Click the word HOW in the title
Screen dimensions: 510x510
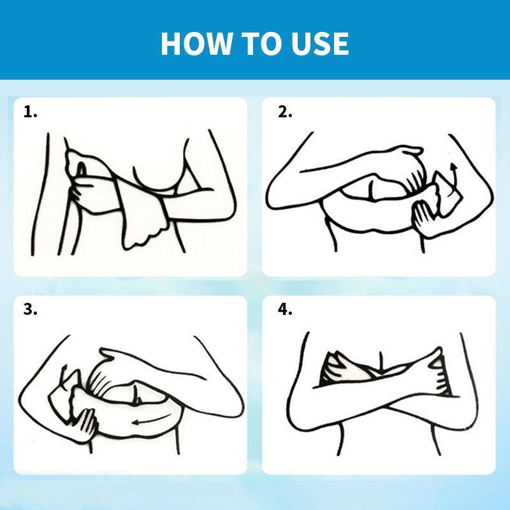196,43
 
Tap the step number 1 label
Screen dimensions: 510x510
30,112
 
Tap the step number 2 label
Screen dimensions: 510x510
285,112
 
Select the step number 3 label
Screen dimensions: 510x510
30,309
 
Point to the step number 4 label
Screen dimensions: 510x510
285,309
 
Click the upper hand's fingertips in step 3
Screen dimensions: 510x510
107,354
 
